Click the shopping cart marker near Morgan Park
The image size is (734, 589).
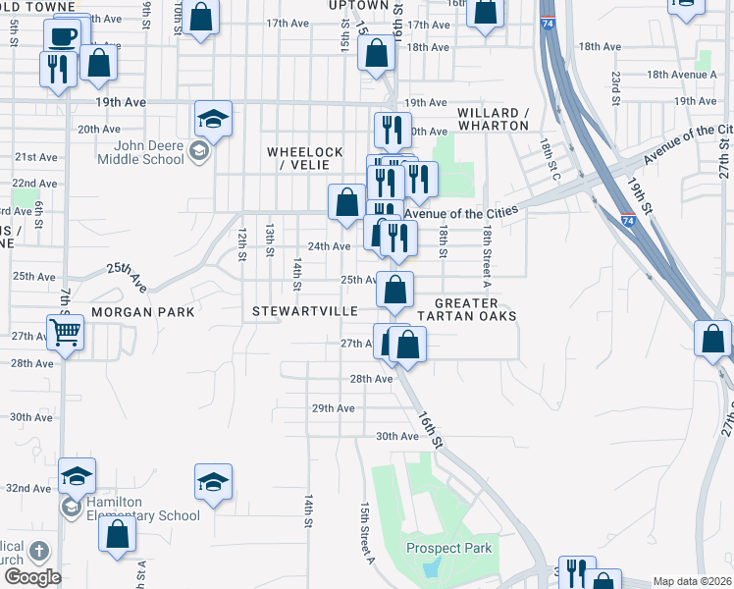(65, 332)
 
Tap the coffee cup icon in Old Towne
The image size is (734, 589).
(64, 37)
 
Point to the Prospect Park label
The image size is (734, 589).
(449, 548)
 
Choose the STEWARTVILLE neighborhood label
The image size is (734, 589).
(305, 311)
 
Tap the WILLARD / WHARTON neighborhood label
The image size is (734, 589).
(493, 119)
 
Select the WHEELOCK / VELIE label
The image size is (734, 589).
(305, 158)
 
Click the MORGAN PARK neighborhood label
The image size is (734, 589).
(143, 311)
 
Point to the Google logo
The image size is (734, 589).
(31, 576)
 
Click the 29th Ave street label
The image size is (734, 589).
(333, 408)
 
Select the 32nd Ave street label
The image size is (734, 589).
(28, 488)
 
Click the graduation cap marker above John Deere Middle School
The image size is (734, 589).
(213, 120)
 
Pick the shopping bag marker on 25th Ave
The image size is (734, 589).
(394, 291)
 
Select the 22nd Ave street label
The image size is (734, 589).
(34, 184)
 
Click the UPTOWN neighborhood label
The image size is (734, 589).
(351, 6)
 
